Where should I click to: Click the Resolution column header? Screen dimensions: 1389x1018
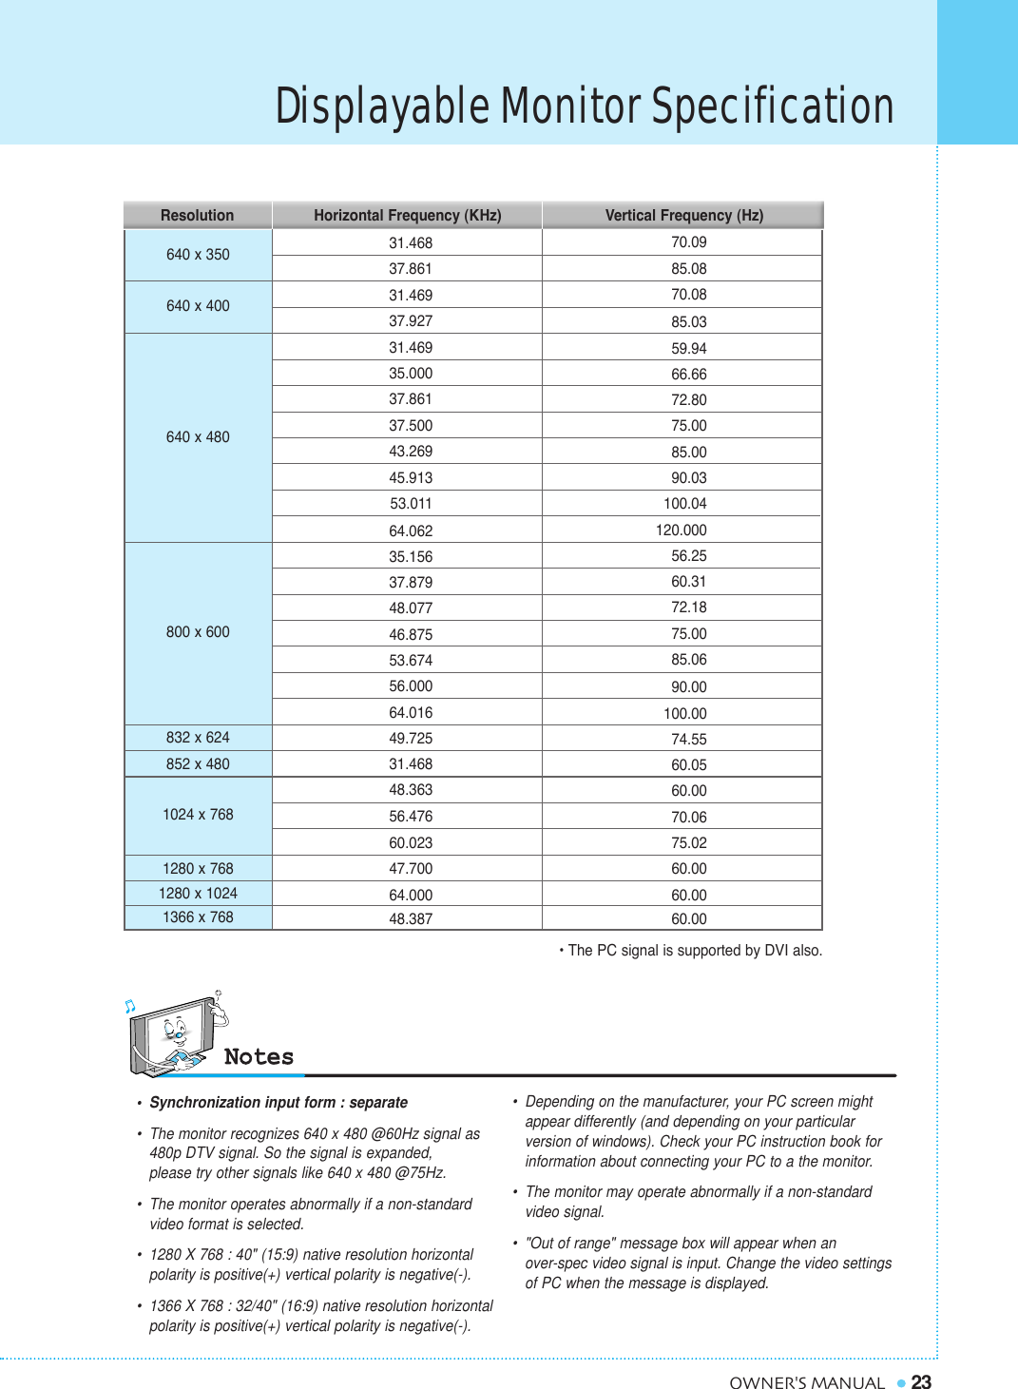(197, 216)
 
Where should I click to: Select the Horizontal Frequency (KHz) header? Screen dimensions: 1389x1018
(407, 216)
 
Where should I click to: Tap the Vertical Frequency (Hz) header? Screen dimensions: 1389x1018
(683, 216)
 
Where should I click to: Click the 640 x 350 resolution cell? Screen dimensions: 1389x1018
(198, 255)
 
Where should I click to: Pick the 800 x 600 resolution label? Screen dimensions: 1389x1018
(198, 632)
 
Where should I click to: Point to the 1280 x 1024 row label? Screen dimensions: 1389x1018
(198, 894)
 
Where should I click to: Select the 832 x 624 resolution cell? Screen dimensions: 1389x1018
(198, 738)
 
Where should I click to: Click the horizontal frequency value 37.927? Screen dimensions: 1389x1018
(411, 321)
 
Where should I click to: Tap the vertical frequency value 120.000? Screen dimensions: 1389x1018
(681, 531)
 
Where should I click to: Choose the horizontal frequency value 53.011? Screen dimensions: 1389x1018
(411, 504)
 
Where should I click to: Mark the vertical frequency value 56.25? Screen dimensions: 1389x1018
(688, 556)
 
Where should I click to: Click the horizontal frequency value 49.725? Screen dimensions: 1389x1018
(411, 739)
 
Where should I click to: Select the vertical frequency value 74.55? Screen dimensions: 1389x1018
(688, 740)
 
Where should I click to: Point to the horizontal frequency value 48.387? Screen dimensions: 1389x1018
(411, 919)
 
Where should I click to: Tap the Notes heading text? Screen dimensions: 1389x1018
(259, 1057)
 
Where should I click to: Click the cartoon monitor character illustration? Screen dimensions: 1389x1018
(177, 1034)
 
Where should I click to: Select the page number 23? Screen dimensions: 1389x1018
(921, 1382)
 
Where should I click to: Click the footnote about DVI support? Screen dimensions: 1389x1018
(693, 951)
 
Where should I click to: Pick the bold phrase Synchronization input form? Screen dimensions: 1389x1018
(242, 1103)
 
